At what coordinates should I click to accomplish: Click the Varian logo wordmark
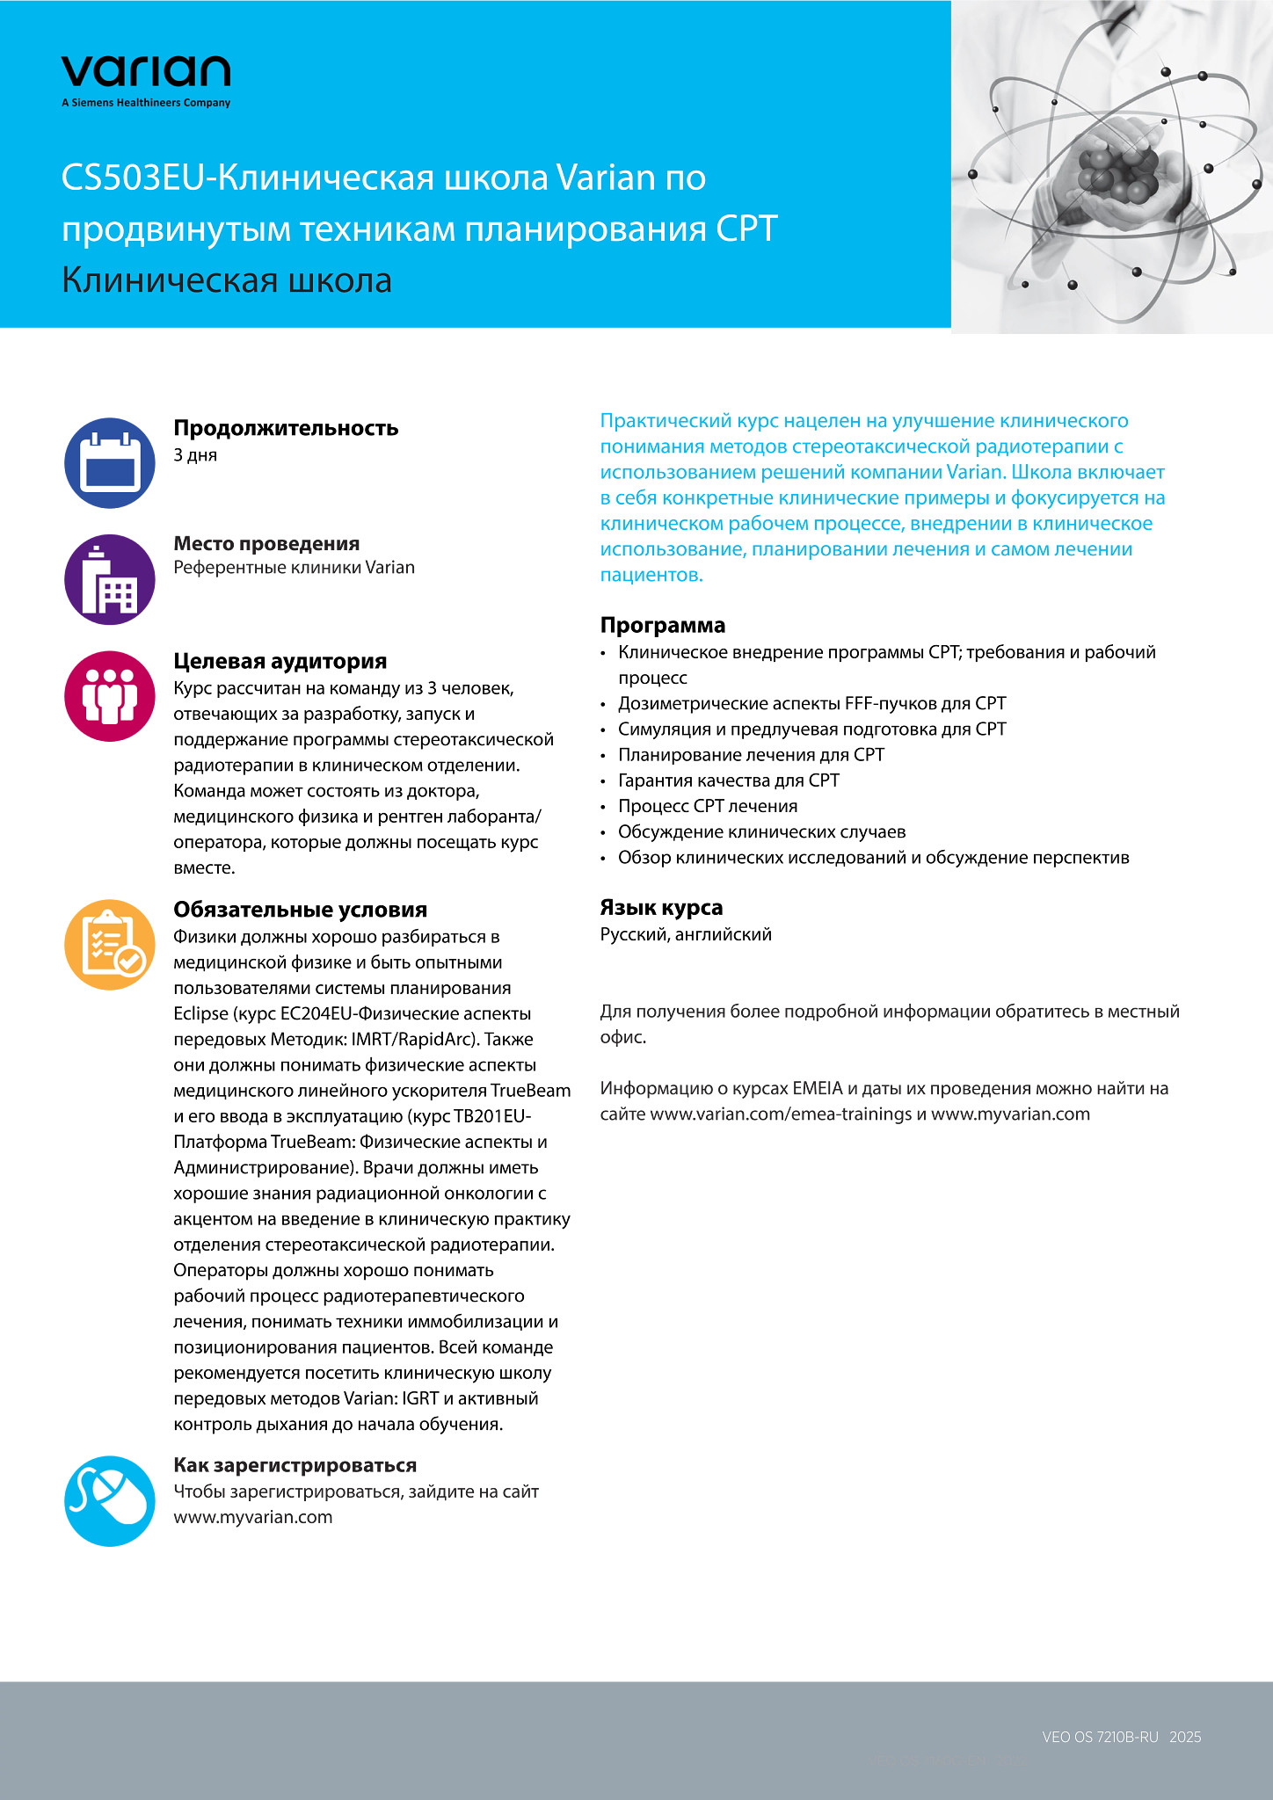[x=146, y=72]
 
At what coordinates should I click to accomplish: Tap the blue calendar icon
[x=110, y=463]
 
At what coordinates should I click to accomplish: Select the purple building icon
[x=110, y=579]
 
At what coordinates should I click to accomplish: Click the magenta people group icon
[x=110, y=696]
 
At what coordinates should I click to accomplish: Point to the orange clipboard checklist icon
[x=110, y=945]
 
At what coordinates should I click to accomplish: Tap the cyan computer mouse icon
[x=110, y=1501]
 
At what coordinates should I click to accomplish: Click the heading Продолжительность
[x=286, y=428]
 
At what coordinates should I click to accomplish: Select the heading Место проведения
[x=266, y=544]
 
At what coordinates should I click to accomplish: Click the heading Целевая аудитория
[x=280, y=661]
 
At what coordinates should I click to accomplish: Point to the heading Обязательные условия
[x=300, y=910]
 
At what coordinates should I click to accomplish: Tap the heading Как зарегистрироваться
[x=295, y=1465]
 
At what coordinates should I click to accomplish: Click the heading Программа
[x=662, y=625]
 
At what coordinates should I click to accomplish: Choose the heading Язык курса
[x=661, y=907]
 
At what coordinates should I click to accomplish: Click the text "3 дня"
[x=195, y=455]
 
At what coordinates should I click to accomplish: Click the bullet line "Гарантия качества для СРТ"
[x=728, y=780]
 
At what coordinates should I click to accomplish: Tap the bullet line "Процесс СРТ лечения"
[x=708, y=806]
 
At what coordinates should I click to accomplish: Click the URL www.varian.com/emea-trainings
[x=781, y=1114]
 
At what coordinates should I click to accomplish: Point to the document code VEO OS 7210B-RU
[x=1100, y=1737]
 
